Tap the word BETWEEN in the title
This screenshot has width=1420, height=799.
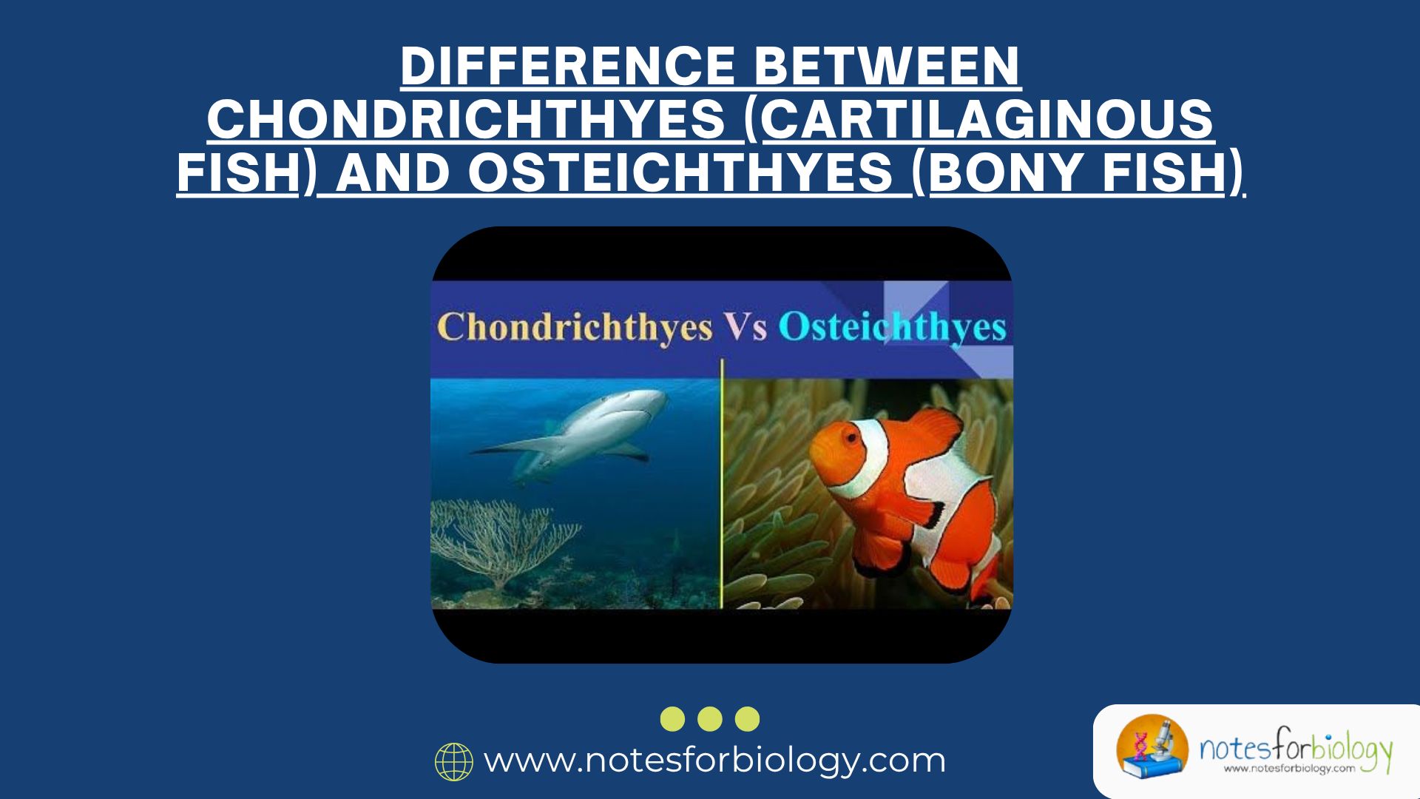point(887,67)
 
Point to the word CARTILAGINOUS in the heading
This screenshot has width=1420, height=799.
point(987,120)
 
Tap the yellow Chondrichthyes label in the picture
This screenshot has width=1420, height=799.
point(574,328)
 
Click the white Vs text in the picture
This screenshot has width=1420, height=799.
point(745,328)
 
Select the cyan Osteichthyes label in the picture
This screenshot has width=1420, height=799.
point(892,328)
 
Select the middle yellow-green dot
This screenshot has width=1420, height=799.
point(710,718)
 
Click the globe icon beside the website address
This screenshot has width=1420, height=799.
point(453,762)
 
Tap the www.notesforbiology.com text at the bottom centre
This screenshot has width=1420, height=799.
point(714,761)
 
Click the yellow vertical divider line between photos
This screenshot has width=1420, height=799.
point(721,488)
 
